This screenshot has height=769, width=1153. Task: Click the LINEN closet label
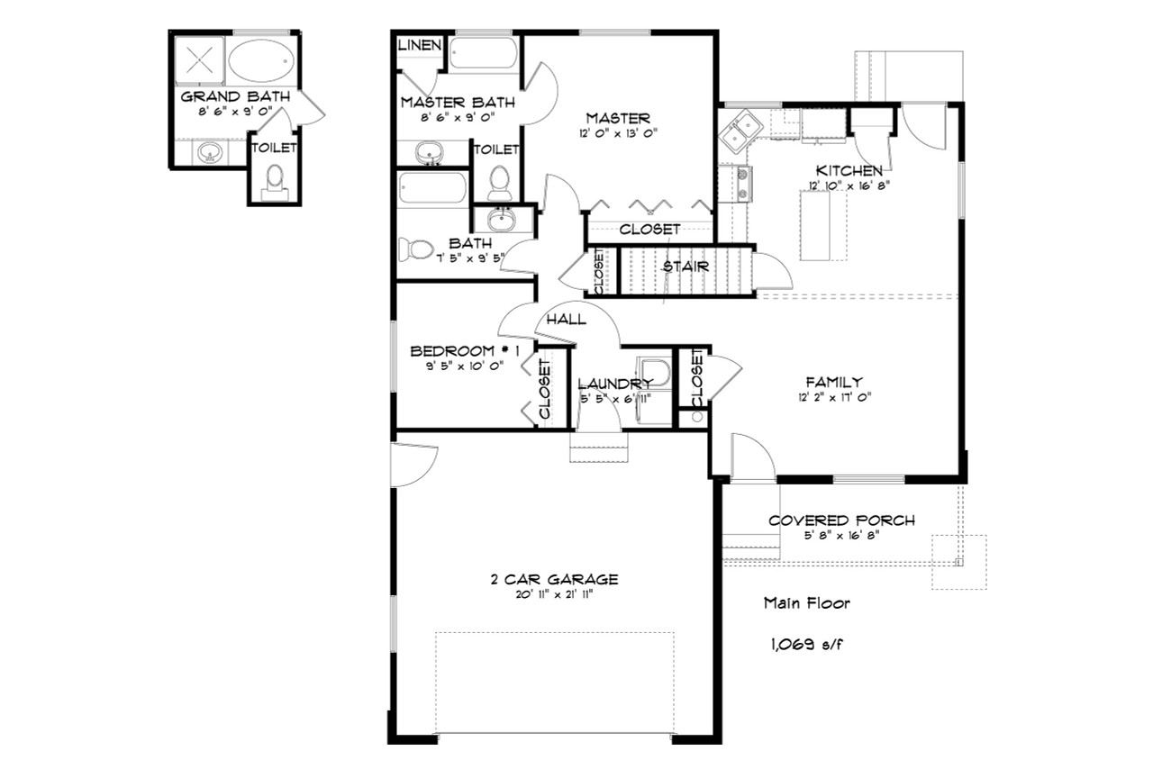418,44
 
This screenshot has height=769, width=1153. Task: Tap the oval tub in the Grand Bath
259,61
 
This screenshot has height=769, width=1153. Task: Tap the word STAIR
685,267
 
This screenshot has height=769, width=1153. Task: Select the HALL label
566,319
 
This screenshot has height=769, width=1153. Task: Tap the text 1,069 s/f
804,644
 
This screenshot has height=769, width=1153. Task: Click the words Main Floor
806,602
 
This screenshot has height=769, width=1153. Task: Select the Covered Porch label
841,520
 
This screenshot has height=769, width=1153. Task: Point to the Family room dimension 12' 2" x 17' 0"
834,397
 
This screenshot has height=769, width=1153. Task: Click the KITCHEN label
849,170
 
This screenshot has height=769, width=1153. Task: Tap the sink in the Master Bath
431,153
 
